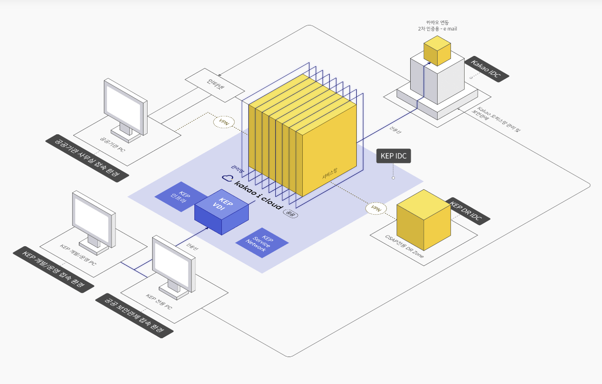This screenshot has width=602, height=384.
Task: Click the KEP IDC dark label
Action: coord(393,156)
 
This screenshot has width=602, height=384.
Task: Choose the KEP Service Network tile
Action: coord(263,242)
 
